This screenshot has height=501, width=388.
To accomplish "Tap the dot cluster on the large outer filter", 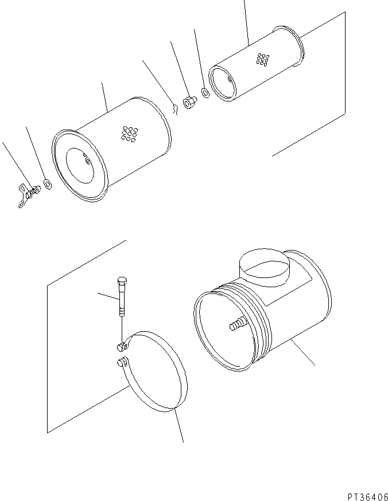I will pos(127,134).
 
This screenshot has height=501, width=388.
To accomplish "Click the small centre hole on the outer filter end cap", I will pos(87,162).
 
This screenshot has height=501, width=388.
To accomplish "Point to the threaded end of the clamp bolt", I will pos(122,311).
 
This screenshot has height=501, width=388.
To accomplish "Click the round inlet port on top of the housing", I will pos(262,267).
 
